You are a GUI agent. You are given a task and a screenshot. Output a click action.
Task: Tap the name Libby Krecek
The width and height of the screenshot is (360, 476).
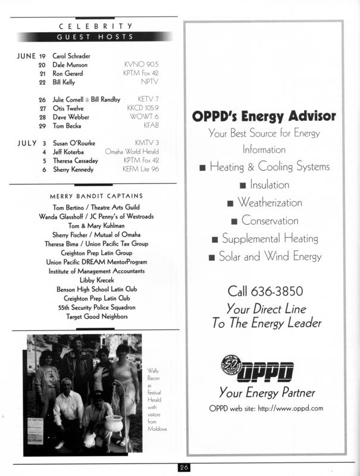95,279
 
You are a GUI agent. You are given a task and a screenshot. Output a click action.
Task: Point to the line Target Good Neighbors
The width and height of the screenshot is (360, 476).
96,317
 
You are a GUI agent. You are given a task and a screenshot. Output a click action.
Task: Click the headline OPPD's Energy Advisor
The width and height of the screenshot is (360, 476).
264,116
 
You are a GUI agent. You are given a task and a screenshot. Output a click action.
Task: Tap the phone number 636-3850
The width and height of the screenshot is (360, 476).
278,292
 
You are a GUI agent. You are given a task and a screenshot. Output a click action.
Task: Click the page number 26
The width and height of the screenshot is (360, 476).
184,468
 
